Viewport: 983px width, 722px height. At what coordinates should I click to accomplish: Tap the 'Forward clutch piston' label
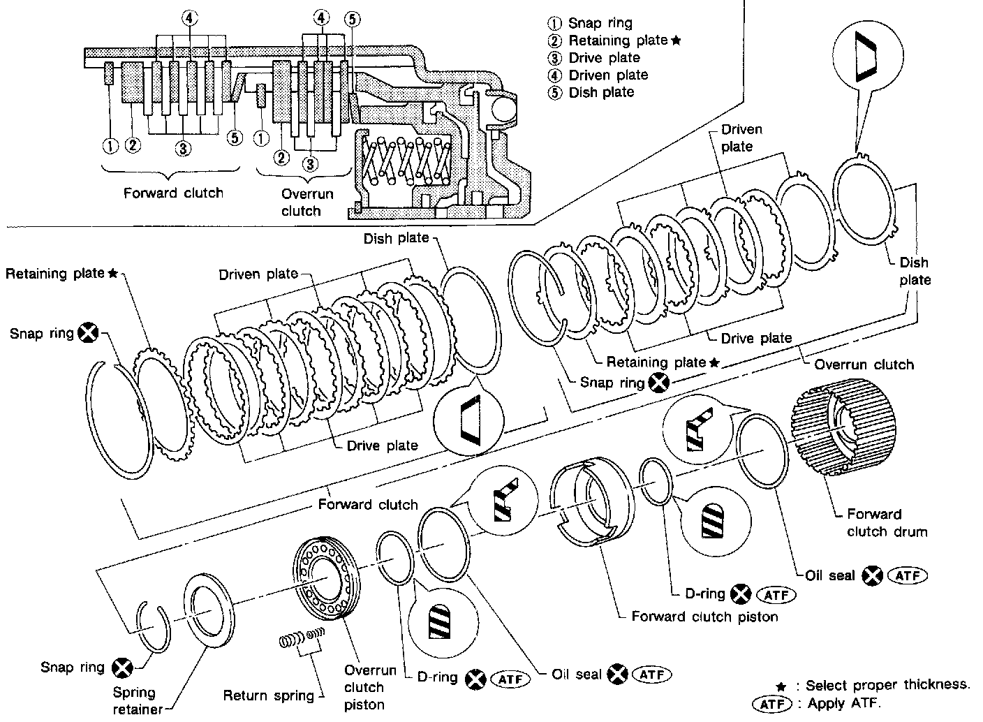pos(704,617)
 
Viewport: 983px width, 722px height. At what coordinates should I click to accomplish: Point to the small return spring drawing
pos(302,638)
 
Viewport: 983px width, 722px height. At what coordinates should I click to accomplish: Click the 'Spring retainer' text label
pos(138,700)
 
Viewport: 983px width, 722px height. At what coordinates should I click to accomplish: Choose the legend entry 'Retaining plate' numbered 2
pos(614,40)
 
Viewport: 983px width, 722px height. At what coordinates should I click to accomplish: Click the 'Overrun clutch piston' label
pos(370,687)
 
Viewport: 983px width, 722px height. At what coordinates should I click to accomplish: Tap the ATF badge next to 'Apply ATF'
pos(772,704)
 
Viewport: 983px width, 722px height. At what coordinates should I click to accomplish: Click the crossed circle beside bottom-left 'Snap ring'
pos(122,668)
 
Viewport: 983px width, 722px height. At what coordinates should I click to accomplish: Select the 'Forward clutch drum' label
pos(887,523)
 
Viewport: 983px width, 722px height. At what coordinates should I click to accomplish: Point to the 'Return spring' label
pos(268,695)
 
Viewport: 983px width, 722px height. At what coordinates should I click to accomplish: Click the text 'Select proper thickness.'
pos(887,685)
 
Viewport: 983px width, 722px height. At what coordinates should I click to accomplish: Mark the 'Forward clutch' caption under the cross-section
pos(173,193)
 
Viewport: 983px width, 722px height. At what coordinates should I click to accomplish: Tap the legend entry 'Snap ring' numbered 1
pos(590,23)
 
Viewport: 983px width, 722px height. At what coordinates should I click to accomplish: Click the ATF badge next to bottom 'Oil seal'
pos(652,675)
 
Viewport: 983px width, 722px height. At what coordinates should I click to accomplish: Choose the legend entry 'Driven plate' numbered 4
pos(598,75)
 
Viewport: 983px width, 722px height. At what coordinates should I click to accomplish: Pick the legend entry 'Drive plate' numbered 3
pos(593,58)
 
